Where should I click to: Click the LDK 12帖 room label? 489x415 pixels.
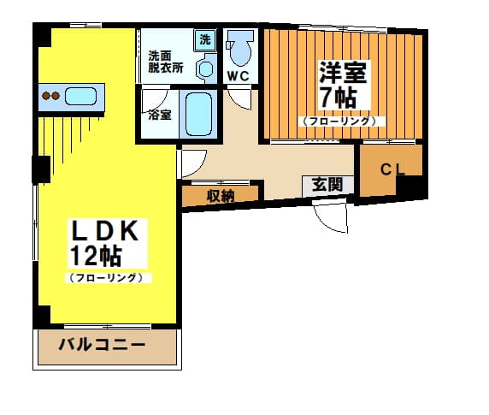[x=105, y=242]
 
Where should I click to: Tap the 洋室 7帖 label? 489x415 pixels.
[x=343, y=85]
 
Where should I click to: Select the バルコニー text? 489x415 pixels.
[x=103, y=345]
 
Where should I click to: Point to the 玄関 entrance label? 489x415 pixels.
[x=327, y=185]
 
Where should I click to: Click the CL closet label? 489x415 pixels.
[x=392, y=169]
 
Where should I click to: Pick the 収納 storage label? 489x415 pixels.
[x=221, y=196]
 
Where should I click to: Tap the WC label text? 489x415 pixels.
[x=239, y=76]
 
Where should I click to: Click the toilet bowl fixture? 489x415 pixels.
[x=240, y=47]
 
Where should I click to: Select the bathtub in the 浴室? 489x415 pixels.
[x=198, y=114]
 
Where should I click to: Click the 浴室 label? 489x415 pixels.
[x=159, y=115]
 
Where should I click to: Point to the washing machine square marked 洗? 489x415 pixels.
[x=205, y=40]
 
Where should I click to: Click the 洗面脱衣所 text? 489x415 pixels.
[x=166, y=62]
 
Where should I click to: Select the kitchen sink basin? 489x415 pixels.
[x=80, y=96]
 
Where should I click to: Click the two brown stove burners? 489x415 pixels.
[x=50, y=96]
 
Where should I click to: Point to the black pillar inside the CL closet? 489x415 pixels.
[x=411, y=187]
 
